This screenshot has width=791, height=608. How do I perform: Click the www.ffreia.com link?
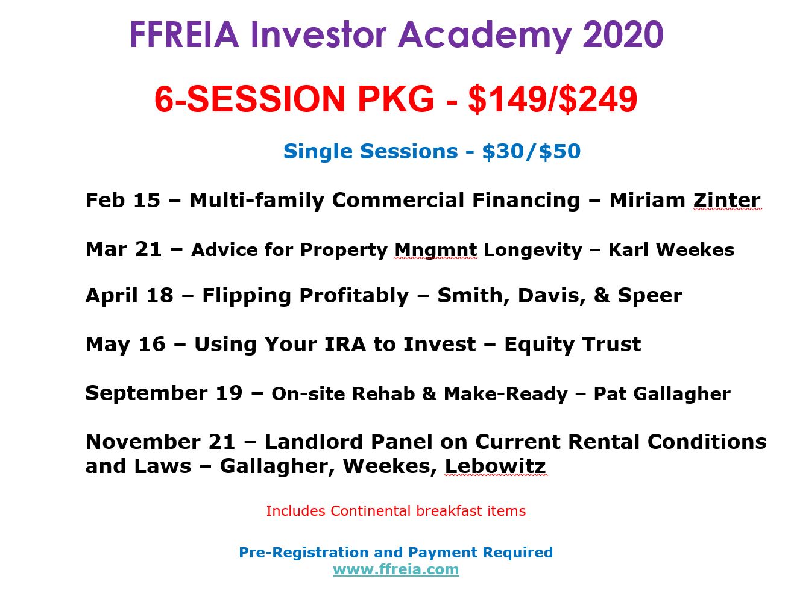395,569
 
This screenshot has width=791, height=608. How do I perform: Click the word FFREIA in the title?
184,35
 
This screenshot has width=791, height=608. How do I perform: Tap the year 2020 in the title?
623,35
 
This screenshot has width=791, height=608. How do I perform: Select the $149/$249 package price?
553,99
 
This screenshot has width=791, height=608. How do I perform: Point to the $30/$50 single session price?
531,151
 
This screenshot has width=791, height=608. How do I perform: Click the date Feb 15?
122,201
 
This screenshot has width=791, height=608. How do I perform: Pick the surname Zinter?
726,201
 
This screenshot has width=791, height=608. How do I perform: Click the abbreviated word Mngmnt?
436,251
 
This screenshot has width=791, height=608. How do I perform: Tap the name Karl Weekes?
671,250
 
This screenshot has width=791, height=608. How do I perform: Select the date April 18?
129,296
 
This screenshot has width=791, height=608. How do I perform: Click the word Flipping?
247,296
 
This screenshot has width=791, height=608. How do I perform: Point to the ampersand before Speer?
602,296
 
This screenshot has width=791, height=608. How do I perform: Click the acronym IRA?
345,344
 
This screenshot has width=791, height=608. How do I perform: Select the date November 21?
160,442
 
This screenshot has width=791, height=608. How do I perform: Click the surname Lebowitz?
496,466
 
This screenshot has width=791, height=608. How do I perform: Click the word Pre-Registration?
304,553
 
